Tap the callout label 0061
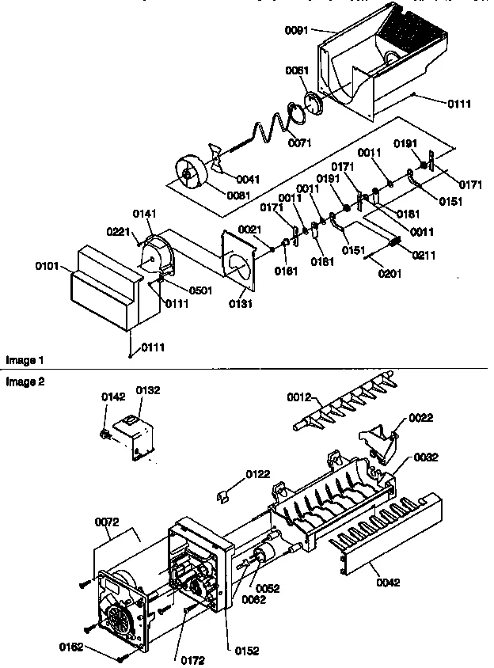(x=297, y=70)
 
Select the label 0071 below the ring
(x=299, y=142)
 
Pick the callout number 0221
(x=118, y=230)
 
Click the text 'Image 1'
(x=25, y=360)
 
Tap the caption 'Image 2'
(x=25, y=381)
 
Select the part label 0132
(x=148, y=390)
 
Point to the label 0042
(x=389, y=583)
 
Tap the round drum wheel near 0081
(x=189, y=171)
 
